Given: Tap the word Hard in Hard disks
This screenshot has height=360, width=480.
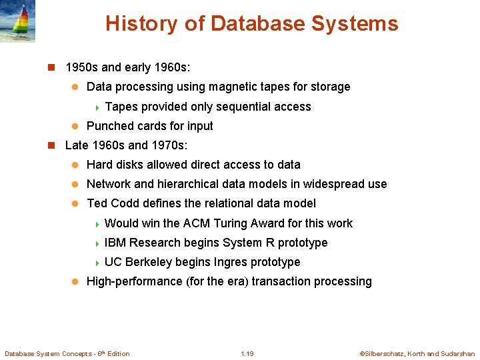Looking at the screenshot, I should click(99, 165).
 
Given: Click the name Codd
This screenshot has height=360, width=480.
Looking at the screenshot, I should click(125, 203).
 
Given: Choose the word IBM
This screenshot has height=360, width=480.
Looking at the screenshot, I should click(115, 243).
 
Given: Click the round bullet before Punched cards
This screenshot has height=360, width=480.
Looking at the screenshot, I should click(75, 127).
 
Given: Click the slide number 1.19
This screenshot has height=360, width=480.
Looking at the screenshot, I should click(247, 353).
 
